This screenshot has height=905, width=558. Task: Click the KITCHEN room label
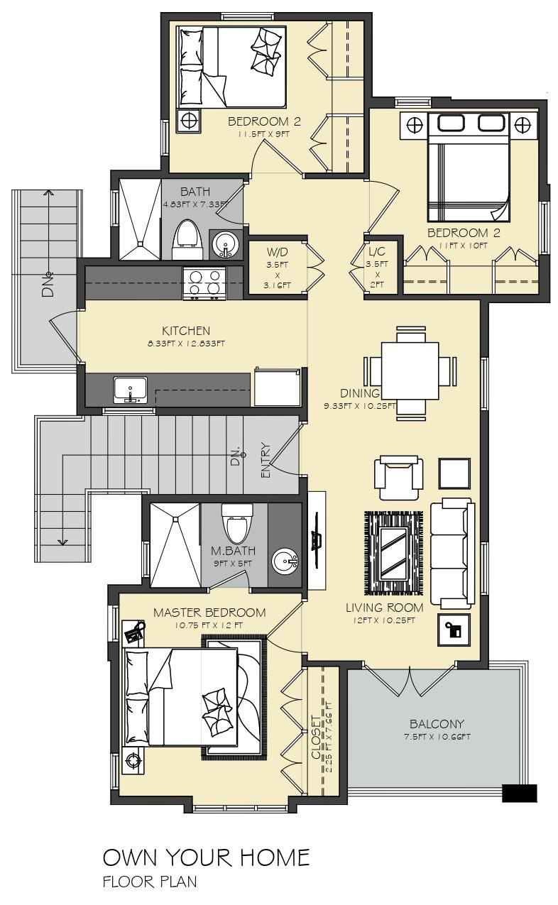pos(186,331)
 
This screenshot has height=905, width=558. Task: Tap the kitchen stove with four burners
pos(204,285)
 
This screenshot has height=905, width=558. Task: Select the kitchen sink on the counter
pos(130,390)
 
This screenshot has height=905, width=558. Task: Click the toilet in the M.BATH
pos(237,523)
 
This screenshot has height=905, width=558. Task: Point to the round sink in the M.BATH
pos(285,561)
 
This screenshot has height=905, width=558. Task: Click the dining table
pos(410,370)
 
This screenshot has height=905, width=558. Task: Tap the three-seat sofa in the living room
pos(452,553)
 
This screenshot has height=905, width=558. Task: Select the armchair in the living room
pos(398,478)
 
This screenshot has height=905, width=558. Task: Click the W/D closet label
pos(277,253)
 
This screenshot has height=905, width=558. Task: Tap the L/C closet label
pos(376,252)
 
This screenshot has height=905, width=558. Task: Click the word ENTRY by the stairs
pos(266,461)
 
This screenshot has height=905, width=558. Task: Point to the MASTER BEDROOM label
pos(209,613)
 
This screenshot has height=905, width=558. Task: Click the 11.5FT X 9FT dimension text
pos(263,134)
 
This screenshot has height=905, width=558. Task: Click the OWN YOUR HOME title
pos(206,857)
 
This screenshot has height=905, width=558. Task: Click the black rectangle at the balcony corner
pos(520,793)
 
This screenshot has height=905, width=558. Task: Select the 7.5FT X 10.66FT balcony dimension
pos(437,737)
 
